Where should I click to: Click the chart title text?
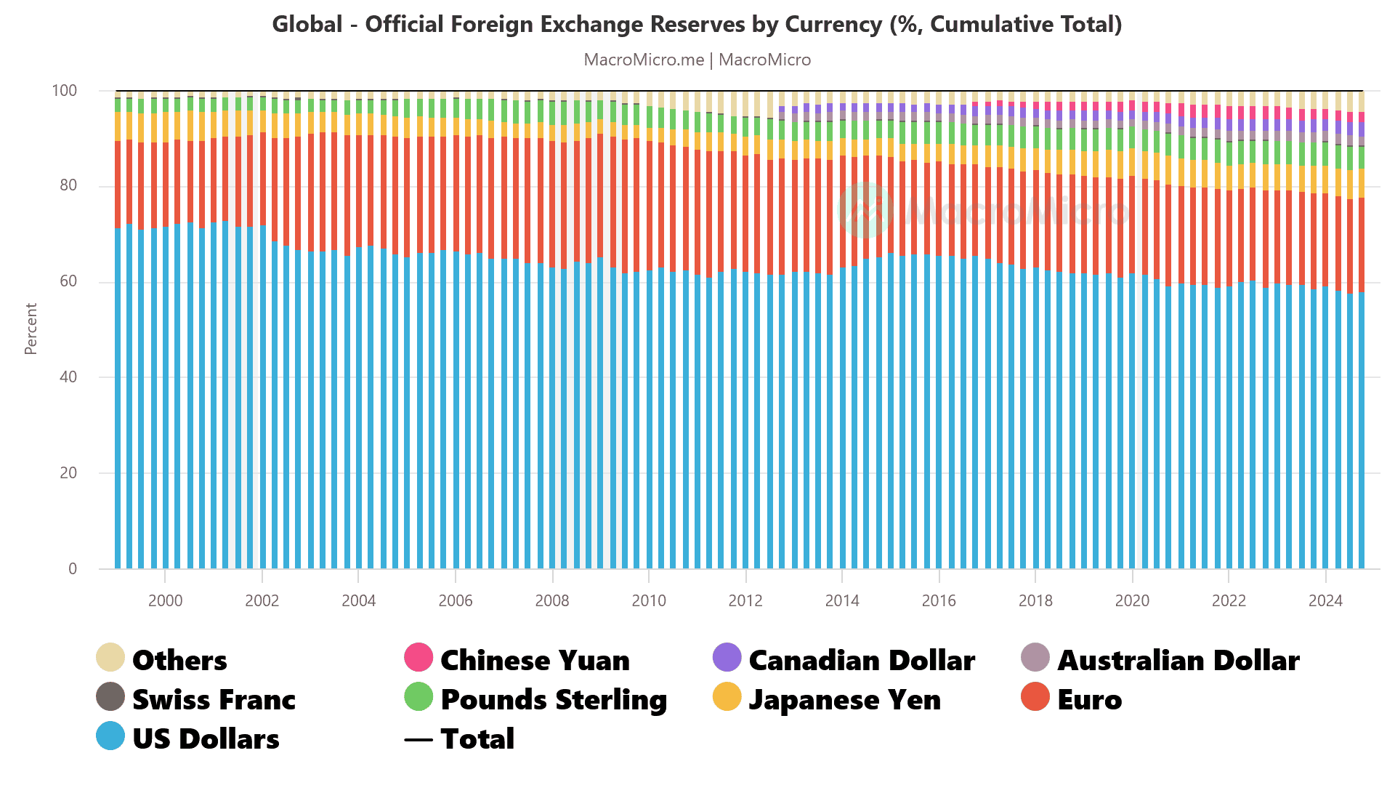(697, 25)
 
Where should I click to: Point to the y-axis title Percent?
(31, 329)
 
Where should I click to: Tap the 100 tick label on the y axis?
(64, 91)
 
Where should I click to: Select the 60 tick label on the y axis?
(68, 281)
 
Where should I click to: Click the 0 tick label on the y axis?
(73, 568)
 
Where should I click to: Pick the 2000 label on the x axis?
(165, 600)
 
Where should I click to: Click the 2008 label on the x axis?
(552, 600)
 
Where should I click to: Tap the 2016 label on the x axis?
(939, 600)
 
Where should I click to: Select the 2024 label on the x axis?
(1325, 600)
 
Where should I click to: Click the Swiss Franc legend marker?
(110, 697)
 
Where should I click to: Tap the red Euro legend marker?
(1035, 697)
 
